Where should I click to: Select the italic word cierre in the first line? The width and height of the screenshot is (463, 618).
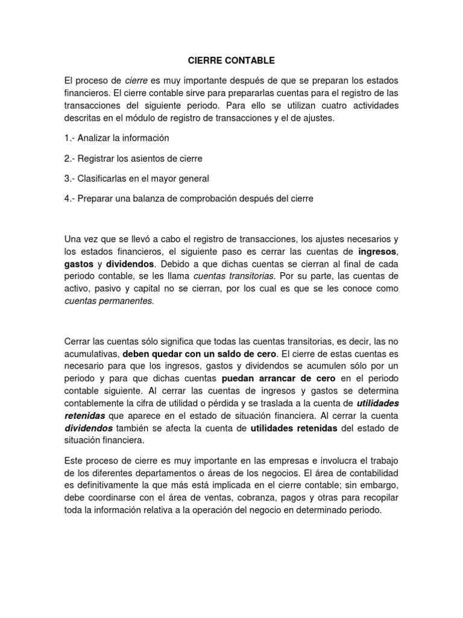(136, 81)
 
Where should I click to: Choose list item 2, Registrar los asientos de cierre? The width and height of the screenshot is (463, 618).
(133, 158)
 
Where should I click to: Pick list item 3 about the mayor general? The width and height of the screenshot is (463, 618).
(136, 178)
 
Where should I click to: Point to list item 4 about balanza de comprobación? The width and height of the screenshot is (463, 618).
(189, 198)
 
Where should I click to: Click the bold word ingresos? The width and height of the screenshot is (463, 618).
(378, 251)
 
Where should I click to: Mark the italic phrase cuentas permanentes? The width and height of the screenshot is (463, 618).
(109, 302)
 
